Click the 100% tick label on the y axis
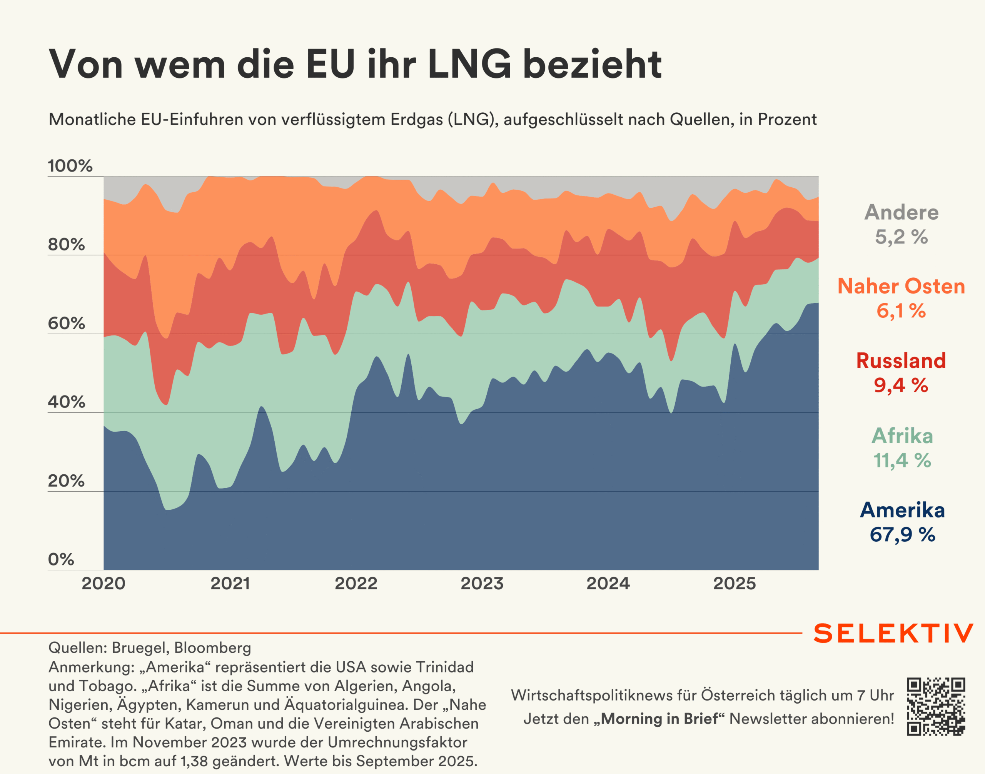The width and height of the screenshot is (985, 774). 70,166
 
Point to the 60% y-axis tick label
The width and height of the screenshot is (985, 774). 66,323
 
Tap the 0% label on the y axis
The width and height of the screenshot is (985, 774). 61,559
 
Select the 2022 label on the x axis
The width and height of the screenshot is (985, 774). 356,583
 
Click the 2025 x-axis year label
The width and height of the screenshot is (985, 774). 735,583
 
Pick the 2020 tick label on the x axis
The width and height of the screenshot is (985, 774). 104,583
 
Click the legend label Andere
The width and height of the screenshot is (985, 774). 901,212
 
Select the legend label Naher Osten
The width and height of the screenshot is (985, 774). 901,286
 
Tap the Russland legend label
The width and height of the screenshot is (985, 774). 901,361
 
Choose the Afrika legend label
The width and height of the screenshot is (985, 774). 902,435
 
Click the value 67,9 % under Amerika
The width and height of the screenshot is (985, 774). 902,535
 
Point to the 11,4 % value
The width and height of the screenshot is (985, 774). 902,460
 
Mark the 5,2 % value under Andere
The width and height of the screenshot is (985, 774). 901,237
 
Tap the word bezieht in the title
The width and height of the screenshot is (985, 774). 592,64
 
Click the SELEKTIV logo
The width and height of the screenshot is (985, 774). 893,633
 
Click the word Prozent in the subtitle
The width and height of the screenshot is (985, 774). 787,120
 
